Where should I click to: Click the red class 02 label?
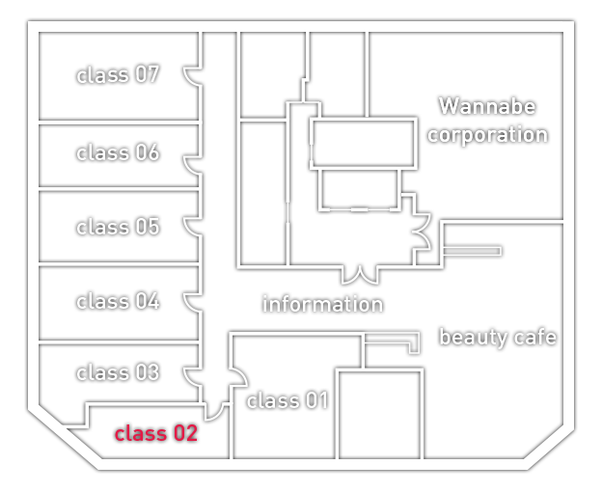tap(156, 433)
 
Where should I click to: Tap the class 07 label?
tap(118, 74)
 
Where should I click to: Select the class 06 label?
tap(118, 152)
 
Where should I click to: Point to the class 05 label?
tap(118, 227)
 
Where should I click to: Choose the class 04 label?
tap(118, 301)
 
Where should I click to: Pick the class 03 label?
tap(118, 372)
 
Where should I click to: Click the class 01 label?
tap(287, 400)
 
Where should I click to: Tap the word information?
tap(323, 304)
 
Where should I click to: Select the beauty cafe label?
tap(498, 338)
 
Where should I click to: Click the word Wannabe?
tap(487, 106)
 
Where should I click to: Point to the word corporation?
tap(488, 135)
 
